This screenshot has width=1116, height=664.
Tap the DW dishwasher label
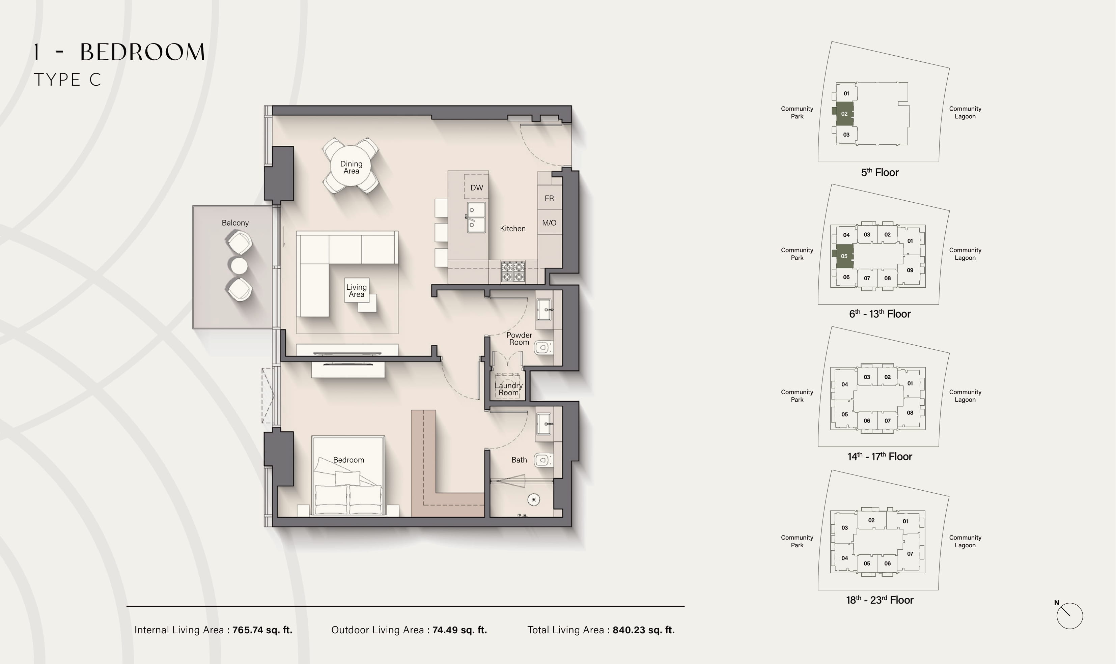point(477,187)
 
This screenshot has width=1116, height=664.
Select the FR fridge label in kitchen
point(549,198)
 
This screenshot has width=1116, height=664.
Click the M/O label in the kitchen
point(549,223)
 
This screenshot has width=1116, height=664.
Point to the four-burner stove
point(513,271)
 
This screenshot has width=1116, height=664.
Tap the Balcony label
point(235,223)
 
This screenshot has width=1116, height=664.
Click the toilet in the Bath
point(543,460)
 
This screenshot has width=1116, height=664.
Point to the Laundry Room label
point(508,389)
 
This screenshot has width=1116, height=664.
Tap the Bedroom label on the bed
point(348,460)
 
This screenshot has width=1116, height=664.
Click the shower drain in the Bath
point(533,499)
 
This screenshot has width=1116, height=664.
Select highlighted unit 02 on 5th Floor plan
point(844,114)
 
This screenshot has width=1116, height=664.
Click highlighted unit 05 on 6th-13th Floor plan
point(844,256)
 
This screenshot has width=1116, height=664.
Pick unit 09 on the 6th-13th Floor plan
point(910,270)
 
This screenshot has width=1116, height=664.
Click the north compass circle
point(1069,616)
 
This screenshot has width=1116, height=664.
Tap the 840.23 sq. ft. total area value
point(643,630)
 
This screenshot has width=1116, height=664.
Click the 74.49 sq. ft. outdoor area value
point(459,630)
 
